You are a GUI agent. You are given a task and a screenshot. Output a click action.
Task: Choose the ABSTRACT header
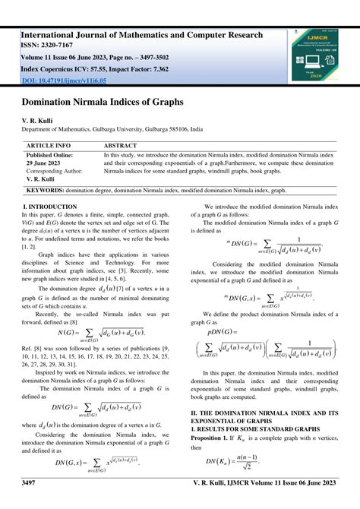tap(120, 144)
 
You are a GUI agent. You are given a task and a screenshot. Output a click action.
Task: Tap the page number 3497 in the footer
tap(30, 483)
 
